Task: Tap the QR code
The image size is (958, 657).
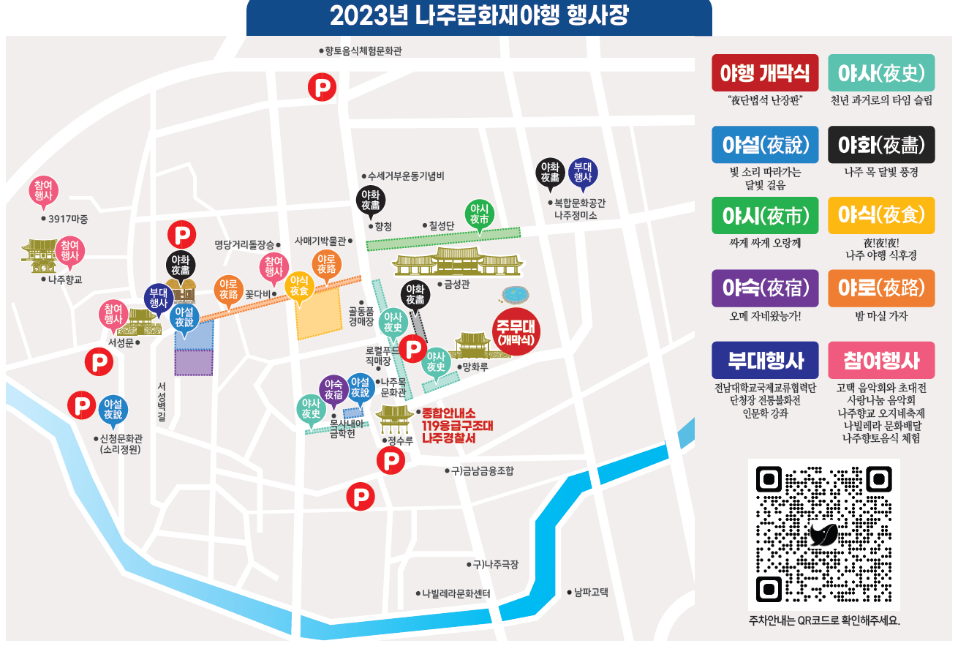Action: pos(823,534)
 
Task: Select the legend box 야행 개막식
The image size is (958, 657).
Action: pos(765,72)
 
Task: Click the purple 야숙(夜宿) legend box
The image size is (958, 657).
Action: pos(765,288)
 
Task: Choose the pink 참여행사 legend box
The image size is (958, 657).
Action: pos(881,360)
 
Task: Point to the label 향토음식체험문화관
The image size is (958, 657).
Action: pos(363,50)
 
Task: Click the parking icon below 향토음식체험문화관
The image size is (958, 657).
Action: pos(320,86)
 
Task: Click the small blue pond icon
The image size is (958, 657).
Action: pos(516,294)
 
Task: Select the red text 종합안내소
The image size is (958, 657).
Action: pos(448,413)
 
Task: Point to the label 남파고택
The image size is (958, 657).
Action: pos(590,592)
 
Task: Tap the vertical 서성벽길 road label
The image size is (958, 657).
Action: pos(161,402)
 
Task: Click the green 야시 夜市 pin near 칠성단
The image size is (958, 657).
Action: pos(480,214)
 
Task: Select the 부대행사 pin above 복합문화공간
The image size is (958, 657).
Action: pos(583,172)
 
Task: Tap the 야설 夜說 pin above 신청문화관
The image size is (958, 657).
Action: pos(113,409)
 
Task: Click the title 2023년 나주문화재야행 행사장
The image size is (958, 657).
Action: pos(479,15)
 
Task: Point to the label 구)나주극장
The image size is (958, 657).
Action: pos(495,564)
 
